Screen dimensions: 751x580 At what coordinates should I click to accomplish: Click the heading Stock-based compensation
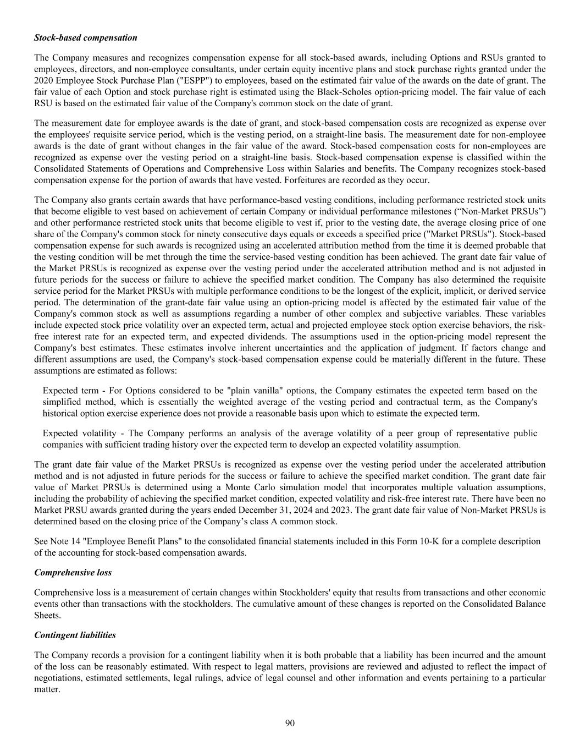coord(86,38)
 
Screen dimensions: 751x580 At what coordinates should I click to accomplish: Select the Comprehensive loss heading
coord(73,573)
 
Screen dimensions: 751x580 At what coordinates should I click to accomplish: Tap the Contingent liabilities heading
coord(75,635)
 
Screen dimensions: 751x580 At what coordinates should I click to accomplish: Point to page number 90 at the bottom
coord(290,723)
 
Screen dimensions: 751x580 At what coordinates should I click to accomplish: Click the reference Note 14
coord(63,541)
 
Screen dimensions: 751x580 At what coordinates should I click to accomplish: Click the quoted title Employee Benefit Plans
coord(118,541)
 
